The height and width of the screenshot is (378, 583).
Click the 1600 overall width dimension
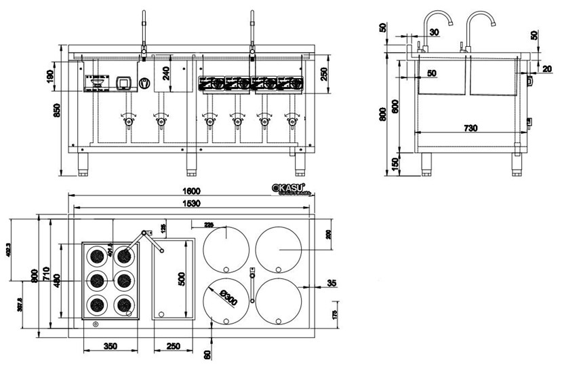(x=190, y=191)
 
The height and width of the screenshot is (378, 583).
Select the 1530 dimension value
(x=190, y=203)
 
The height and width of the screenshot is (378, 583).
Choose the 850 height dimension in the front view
(x=56, y=109)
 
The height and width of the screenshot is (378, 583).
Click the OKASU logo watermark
(x=288, y=188)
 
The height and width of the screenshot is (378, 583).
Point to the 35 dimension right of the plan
(x=331, y=283)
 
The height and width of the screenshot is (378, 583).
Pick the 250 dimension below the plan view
(x=173, y=346)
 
